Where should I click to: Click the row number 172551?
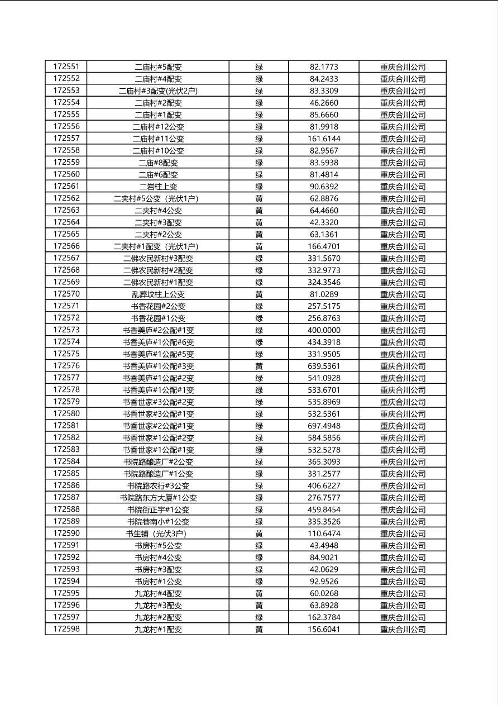[66, 66]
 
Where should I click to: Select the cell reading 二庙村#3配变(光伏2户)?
[158, 90]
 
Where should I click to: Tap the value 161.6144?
[324, 139]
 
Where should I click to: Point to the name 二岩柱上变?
[158, 187]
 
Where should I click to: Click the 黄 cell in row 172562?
[259, 198]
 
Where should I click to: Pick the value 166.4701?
[324, 246]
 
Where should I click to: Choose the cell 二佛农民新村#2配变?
[158, 270]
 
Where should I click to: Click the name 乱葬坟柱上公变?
[158, 294]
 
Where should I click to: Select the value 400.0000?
[324, 330]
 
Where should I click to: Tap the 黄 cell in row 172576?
[259, 366]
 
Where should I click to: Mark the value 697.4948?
[324, 426]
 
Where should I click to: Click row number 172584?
[66, 461]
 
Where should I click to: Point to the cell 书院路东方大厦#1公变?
[158, 498]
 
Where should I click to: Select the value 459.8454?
[324, 509]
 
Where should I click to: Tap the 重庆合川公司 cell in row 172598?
[403, 629]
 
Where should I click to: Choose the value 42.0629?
[324, 569]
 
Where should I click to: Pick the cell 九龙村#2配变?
[158, 617]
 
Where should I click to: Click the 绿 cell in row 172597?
[259, 617]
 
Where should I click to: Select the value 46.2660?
[324, 103]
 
